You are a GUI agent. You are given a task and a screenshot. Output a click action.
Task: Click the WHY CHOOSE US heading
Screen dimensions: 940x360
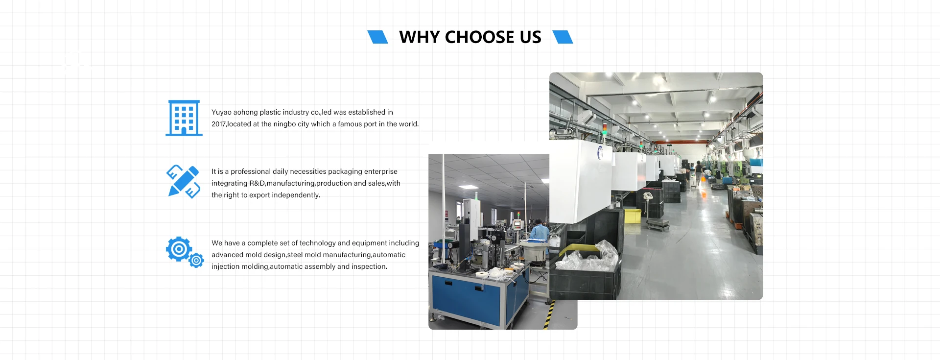tap(470, 37)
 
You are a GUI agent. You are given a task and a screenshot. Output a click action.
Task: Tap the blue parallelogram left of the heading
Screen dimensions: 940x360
tap(377, 37)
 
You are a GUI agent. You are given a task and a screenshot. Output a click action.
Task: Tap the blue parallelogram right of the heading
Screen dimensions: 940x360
tap(563, 37)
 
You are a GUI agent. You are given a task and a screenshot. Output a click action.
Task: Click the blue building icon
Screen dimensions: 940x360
tap(184, 118)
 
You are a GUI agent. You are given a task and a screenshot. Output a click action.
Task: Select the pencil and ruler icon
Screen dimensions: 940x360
tap(184, 182)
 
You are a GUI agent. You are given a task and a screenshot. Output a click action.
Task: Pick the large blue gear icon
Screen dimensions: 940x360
tap(179, 249)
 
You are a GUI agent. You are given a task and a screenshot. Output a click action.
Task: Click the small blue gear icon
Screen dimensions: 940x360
tap(196, 260)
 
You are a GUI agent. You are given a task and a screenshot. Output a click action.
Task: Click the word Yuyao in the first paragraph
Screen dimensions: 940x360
tap(221, 113)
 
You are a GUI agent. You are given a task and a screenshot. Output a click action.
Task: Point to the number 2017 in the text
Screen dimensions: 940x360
tap(219, 124)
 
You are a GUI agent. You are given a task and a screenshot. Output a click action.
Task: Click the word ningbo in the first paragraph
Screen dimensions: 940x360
tap(284, 124)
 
